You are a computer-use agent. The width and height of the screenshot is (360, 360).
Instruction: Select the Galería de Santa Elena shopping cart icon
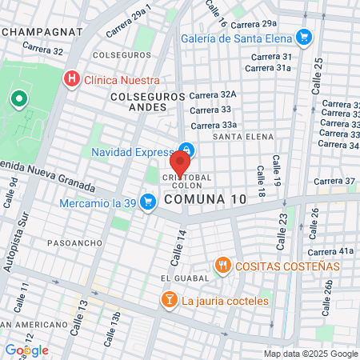click(303, 37)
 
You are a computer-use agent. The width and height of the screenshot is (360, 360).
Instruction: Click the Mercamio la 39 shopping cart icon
click(147, 202)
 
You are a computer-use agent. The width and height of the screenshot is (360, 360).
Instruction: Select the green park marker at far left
click(18, 99)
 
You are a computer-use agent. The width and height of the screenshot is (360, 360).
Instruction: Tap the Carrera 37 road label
click(334, 181)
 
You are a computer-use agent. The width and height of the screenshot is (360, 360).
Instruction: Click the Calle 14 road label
click(178, 246)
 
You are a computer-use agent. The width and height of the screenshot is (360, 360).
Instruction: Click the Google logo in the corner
click(26, 350)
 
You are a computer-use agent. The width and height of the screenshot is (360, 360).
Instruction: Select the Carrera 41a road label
click(335, 250)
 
